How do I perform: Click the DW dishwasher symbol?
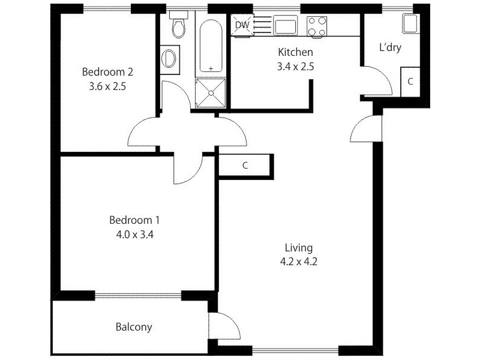click(242, 25)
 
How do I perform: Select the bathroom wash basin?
click(170, 58)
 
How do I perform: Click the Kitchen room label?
click(295, 52)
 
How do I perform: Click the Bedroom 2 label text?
click(107, 72)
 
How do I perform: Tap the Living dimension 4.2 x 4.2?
click(298, 261)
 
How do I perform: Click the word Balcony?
click(133, 328)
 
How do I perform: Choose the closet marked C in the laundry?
click(410, 82)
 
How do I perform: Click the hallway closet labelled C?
click(245, 166)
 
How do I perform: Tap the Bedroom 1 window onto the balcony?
click(137, 295)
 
